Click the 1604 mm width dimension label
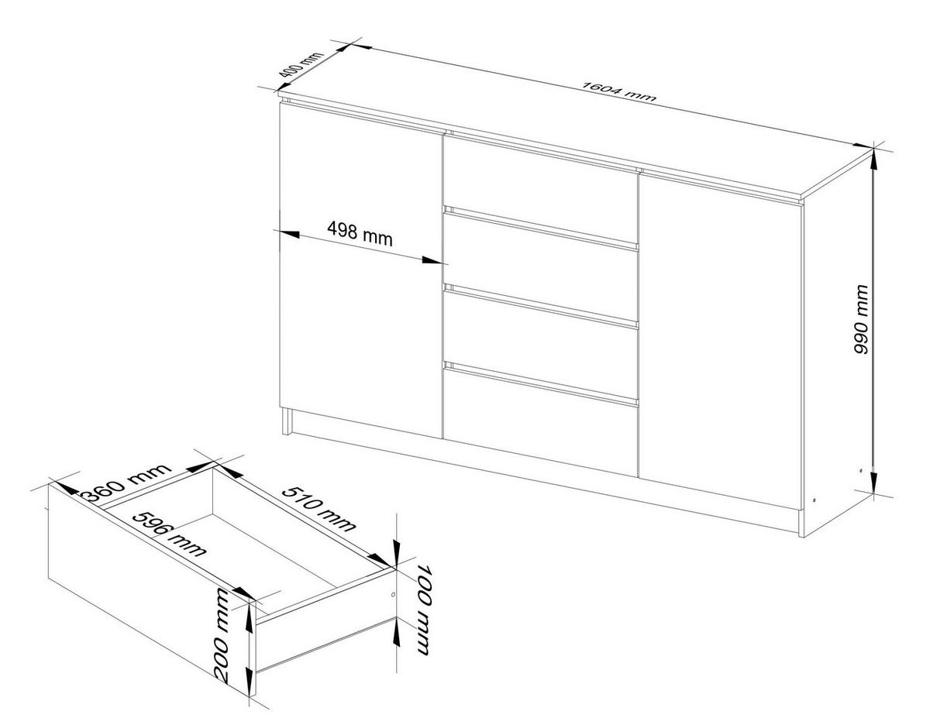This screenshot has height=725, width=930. tap(619, 91)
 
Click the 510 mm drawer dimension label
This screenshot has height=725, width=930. tap(319, 510)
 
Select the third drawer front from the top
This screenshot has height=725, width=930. tap(540, 332)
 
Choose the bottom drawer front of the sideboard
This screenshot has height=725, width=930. tap(540, 414)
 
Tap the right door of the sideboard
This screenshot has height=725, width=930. tap(719, 341)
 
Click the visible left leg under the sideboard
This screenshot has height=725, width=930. tap(288, 423)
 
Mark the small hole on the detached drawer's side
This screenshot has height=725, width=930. tap(392, 595)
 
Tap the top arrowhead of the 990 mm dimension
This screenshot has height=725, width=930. tap(873, 153)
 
